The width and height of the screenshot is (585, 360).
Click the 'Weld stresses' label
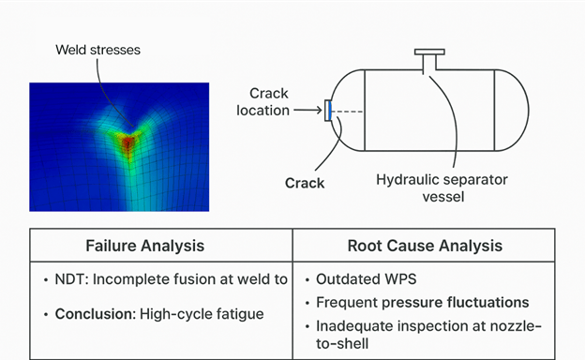tap(97, 49)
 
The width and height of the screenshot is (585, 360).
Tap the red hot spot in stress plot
tap(128, 141)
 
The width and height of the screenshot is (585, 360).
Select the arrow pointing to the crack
tap(307, 111)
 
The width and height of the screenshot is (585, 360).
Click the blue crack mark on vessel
tap(329, 111)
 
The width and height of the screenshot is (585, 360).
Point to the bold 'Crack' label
tap(305, 183)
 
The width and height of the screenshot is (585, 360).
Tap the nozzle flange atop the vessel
tap(431, 53)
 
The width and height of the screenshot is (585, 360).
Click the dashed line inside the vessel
tap(348, 111)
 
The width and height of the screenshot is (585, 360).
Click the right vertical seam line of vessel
tap(494, 111)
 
